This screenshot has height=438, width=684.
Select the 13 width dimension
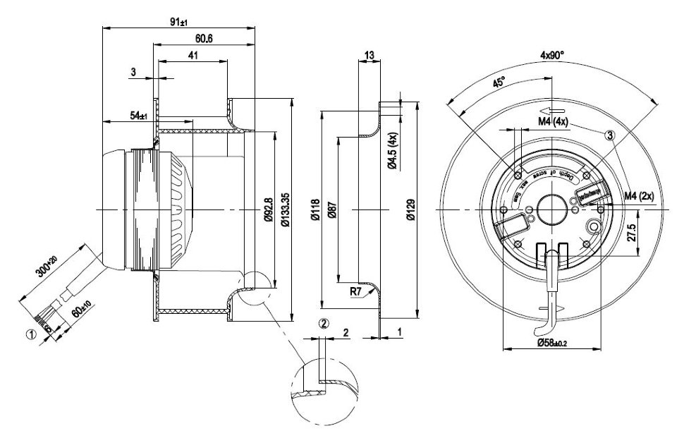point(370,55)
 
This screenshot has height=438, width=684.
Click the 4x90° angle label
point(552,54)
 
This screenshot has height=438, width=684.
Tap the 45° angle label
point(499,83)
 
